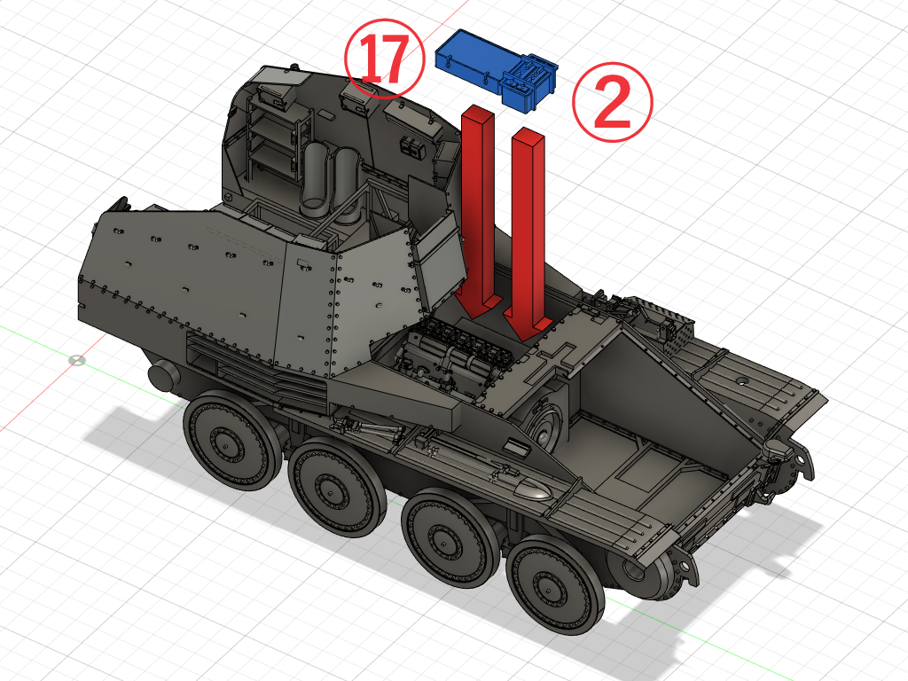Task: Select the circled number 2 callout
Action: coord(612,102)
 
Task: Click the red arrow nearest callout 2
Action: coord(527,233)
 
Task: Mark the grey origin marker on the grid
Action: coord(76,361)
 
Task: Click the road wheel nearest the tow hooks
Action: coord(555,585)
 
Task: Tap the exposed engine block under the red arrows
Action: coord(458,353)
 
